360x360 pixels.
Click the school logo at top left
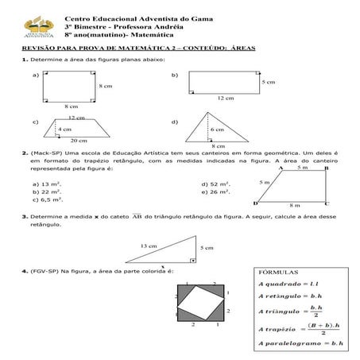tap(35, 28)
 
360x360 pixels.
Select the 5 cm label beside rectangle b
tap(268, 81)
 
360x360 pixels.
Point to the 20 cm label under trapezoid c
tap(78, 140)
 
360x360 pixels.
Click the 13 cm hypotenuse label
tap(148, 246)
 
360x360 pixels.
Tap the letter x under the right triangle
tap(161, 266)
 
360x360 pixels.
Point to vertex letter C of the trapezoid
tap(327, 203)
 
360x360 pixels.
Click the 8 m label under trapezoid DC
tap(295, 204)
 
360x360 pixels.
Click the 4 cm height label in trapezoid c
tap(64, 129)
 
